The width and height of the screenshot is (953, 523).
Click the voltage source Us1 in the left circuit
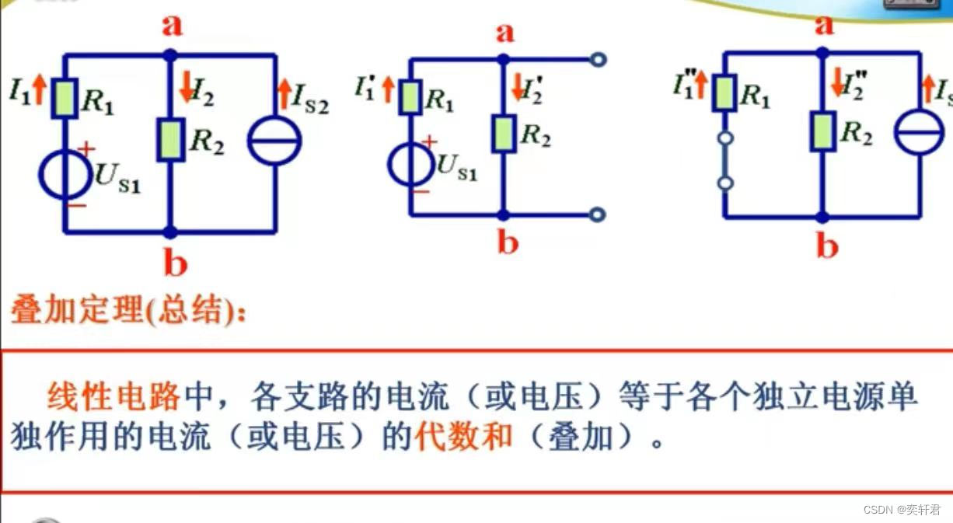[x=65, y=178]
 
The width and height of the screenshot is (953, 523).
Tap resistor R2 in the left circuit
[x=170, y=140]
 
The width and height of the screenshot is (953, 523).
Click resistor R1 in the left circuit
[x=65, y=99]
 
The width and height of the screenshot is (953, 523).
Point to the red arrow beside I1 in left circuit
[x=41, y=91]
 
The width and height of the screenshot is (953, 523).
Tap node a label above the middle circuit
[x=505, y=33]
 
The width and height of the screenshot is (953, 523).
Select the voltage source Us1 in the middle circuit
[x=411, y=164]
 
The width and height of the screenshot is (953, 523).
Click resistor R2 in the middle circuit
[x=504, y=132]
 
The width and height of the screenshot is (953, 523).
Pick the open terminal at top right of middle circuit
[x=598, y=59]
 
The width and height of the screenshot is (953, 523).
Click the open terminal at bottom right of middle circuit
[x=598, y=214]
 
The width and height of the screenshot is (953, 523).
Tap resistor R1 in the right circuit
[x=724, y=92]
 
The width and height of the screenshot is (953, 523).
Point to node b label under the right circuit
[x=826, y=246]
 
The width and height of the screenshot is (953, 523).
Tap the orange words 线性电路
[x=113, y=398]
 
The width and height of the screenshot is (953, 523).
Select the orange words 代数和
[x=463, y=438]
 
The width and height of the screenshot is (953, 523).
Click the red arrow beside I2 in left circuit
[x=187, y=89]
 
